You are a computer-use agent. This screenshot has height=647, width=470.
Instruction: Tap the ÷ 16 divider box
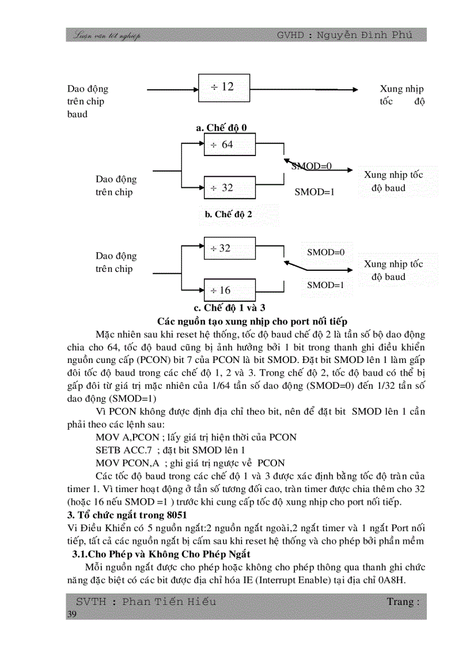(x=229, y=290)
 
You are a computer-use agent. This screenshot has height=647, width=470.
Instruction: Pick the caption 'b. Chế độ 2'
(x=229, y=214)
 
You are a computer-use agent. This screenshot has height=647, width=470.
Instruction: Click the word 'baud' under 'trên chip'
(x=77, y=114)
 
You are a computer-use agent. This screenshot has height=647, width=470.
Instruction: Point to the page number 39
(x=72, y=615)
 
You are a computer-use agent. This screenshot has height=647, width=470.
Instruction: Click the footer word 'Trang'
(x=400, y=601)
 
